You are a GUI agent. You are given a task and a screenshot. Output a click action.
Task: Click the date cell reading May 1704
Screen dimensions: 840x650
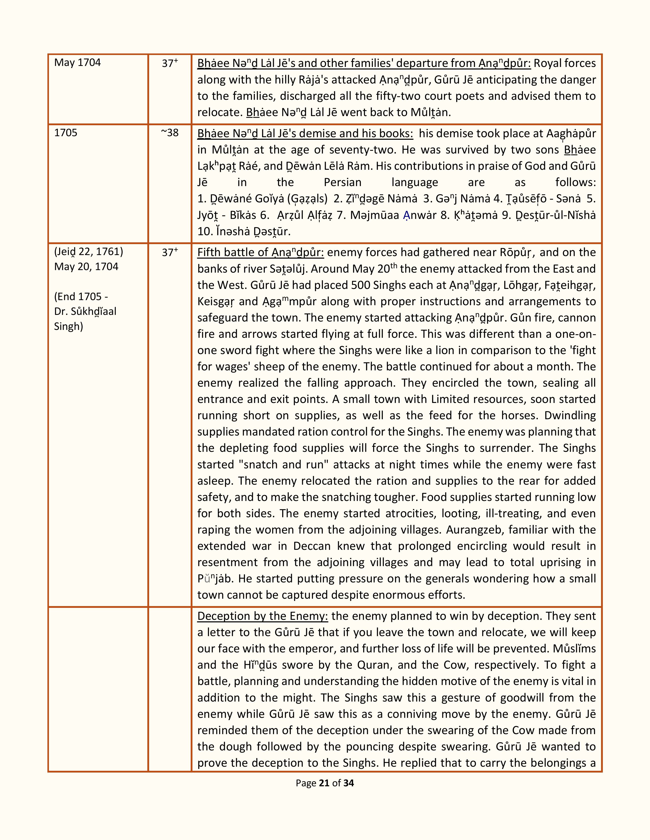click(x=77, y=63)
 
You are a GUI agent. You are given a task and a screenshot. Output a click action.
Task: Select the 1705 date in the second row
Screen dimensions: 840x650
click(x=66, y=133)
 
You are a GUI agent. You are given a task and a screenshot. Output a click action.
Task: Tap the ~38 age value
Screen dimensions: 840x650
click(x=170, y=133)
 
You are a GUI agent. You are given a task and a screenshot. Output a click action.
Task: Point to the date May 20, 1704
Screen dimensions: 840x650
click(x=86, y=267)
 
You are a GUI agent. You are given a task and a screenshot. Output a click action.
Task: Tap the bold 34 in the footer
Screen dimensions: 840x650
click(x=348, y=783)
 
